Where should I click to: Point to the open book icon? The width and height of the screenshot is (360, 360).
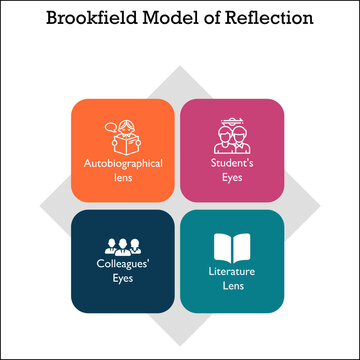tap(231, 248)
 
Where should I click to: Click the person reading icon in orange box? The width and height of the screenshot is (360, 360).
tap(127, 134)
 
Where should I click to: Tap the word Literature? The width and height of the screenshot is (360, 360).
tap(231, 270)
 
